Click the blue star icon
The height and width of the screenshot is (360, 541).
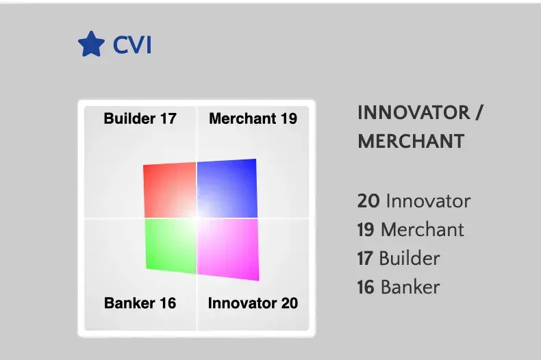click(90, 45)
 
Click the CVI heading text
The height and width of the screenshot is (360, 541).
click(131, 46)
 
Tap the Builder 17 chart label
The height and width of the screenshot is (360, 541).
click(140, 118)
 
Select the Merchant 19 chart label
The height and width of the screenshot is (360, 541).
click(253, 118)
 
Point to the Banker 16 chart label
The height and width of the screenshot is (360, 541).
click(140, 303)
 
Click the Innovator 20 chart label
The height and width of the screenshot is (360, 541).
click(253, 303)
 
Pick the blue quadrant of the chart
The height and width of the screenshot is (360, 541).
click(229, 187)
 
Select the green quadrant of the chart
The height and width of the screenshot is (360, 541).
click(168, 245)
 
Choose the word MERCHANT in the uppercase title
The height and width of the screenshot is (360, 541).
click(411, 142)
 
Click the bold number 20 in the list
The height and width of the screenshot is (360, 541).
click(367, 201)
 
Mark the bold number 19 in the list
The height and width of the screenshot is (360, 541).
click(366, 230)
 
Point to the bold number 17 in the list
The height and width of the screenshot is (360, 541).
click(365, 258)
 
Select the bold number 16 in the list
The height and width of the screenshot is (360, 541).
click(366, 287)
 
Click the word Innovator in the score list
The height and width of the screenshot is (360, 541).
click(428, 201)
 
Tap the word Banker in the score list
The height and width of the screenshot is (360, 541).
click(410, 287)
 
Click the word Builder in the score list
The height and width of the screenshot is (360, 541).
click(410, 258)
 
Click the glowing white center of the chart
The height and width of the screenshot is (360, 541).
click(197, 217)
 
